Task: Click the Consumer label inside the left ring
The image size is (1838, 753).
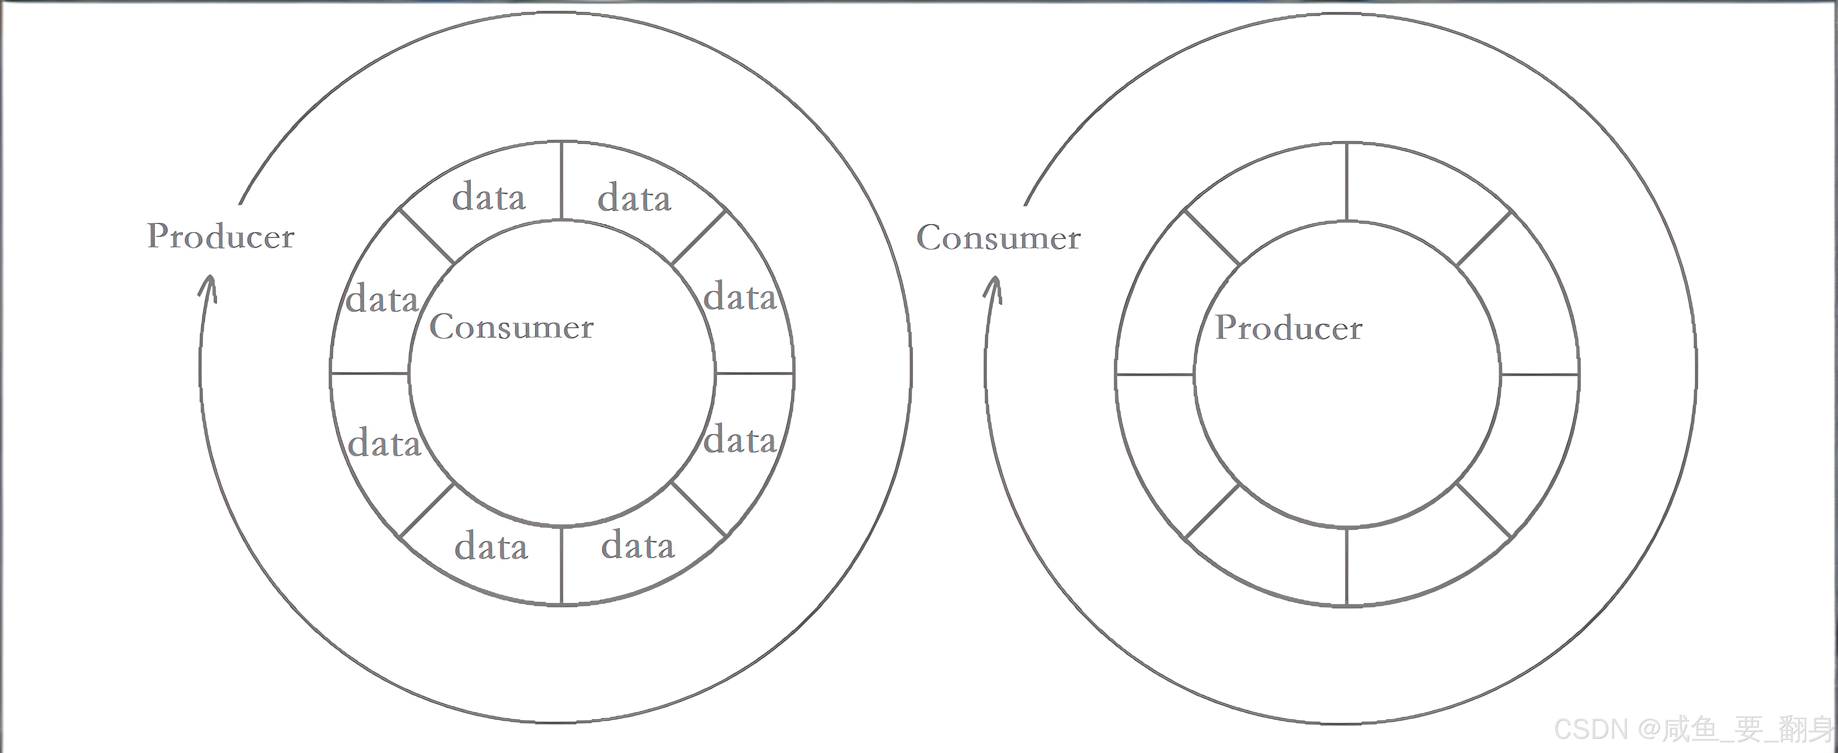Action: click(x=511, y=327)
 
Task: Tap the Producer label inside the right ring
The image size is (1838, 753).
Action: click(x=1289, y=328)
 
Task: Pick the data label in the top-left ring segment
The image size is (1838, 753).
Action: click(x=489, y=197)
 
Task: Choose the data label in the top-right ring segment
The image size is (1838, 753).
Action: click(x=634, y=198)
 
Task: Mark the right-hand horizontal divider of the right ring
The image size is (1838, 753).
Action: click(x=1540, y=374)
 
